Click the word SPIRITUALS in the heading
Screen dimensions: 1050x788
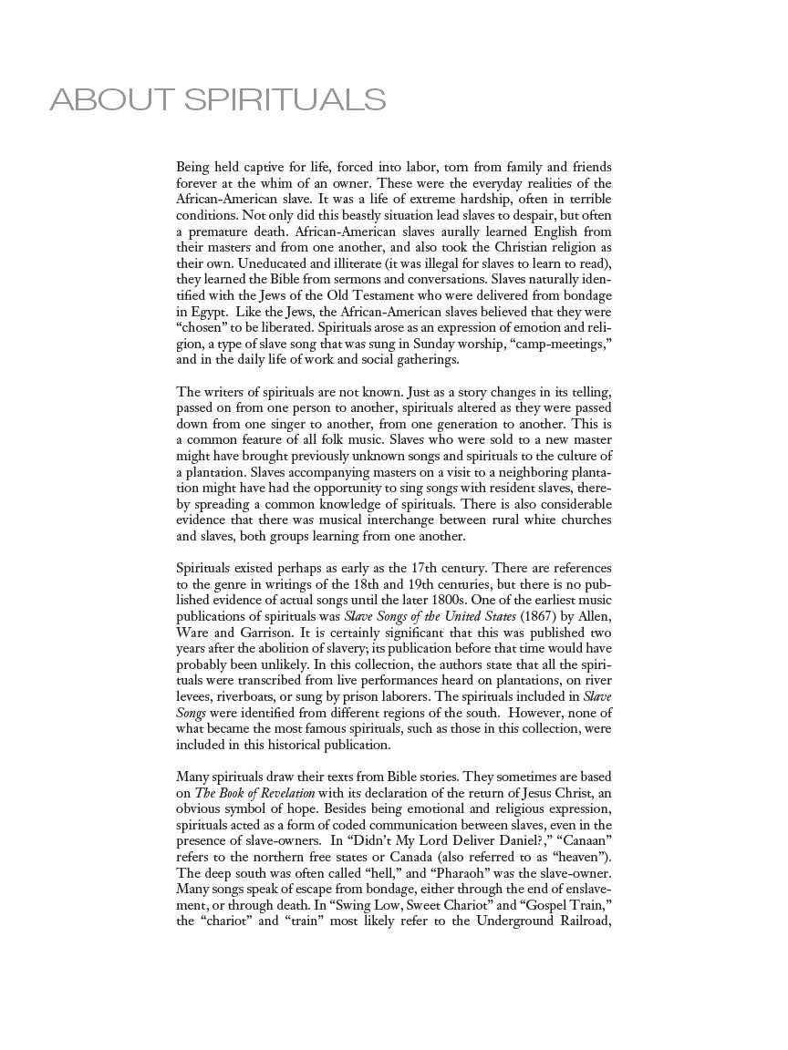tap(285, 99)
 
